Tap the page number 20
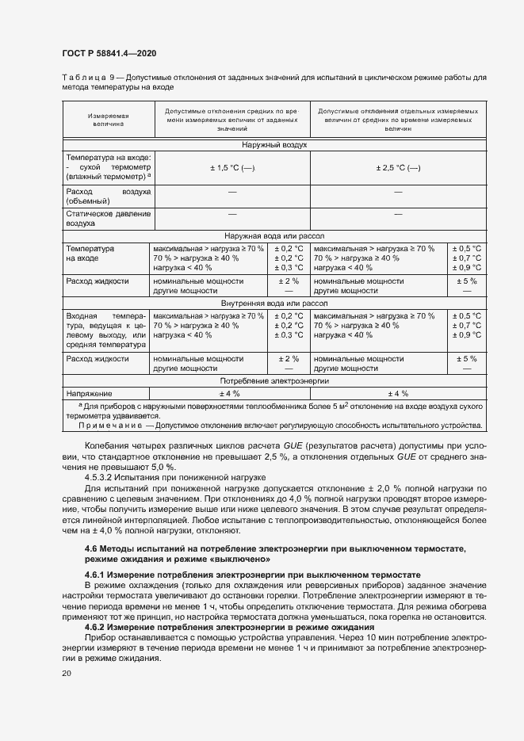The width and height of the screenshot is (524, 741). tap(67, 673)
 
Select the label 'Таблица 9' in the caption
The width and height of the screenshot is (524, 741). tap(88, 77)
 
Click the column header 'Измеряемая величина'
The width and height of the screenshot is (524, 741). tap(108, 120)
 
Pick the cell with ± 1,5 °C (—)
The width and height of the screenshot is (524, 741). tap(231, 168)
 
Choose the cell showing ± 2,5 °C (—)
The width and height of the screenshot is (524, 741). tap(397, 168)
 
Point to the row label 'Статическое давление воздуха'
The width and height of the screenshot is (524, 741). tap(108, 219)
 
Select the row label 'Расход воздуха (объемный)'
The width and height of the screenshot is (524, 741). tap(108, 197)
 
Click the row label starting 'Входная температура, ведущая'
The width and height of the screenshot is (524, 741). tap(108, 330)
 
